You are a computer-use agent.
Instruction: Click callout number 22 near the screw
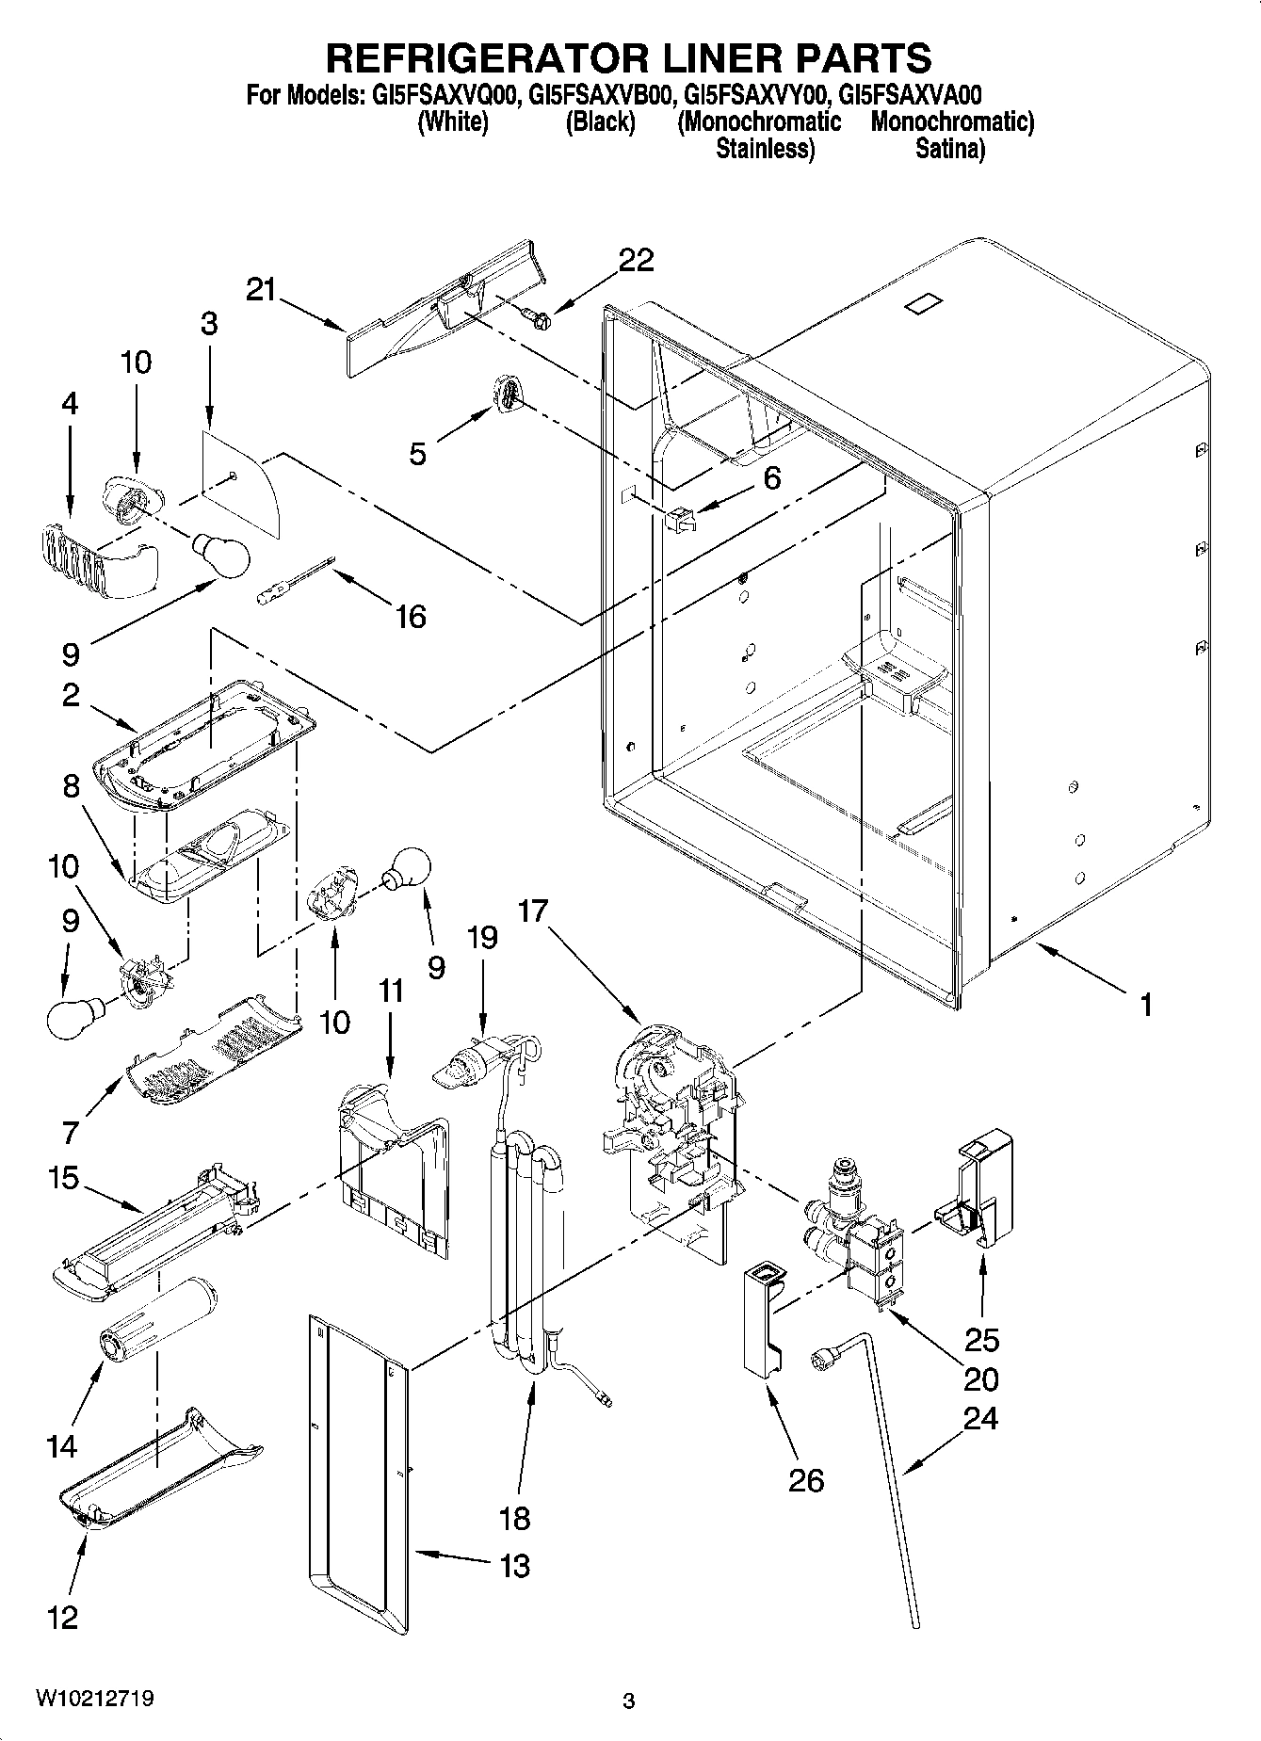(636, 260)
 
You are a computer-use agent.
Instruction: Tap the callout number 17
(533, 911)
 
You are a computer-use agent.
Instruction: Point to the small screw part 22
(542, 318)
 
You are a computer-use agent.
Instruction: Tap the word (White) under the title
(452, 121)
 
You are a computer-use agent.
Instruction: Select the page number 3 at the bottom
(629, 1701)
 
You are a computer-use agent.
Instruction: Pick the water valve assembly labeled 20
(857, 1243)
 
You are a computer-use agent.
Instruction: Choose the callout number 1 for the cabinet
(1145, 1005)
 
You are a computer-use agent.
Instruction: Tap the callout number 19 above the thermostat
(482, 938)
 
